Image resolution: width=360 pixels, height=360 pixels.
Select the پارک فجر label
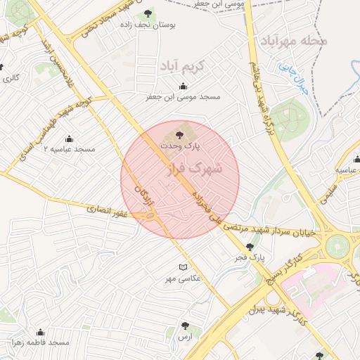pyautogui.click(x=252, y=258)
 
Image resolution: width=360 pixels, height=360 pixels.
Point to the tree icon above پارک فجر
pyautogui.click(x=250, y=247)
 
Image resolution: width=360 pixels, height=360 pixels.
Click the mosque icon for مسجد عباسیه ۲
pyautogui.click(x=69, y=139)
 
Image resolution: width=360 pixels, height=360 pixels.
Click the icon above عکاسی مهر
pyautogui.click(x=184, y=267)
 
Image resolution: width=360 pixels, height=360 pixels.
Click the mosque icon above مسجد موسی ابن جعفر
pyautogui.click(x=184, y=85)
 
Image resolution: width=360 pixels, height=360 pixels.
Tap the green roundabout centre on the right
pyautogui.click(x=337, y=246)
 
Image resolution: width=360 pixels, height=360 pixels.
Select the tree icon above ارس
pyautogui.click(x=185, y=326)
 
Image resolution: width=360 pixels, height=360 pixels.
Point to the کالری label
pyautogui.click(x=11, y=77)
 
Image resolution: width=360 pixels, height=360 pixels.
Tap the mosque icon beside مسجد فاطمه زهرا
pyautogui.click(x=40, y=332)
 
